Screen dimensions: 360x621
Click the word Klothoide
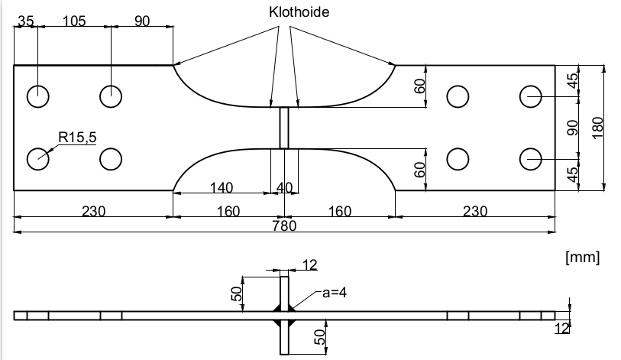point(299,13)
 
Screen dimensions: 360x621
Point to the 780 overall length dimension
point(284,225)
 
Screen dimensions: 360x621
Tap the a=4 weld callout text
point(329,292)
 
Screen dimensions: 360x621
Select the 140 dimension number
point(221,187)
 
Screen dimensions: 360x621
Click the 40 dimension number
point(284,187)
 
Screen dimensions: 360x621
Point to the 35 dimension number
point(26,21)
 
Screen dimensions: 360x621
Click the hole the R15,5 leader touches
point(38,159)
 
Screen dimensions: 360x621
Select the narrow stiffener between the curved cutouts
point(284,128)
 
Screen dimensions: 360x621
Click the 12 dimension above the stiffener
point(309,264)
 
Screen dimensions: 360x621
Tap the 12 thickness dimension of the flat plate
point(562,329)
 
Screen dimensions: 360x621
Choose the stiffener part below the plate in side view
point(284,336)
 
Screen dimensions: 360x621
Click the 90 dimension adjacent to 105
point(142,21)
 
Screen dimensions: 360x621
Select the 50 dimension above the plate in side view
point(237,292)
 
